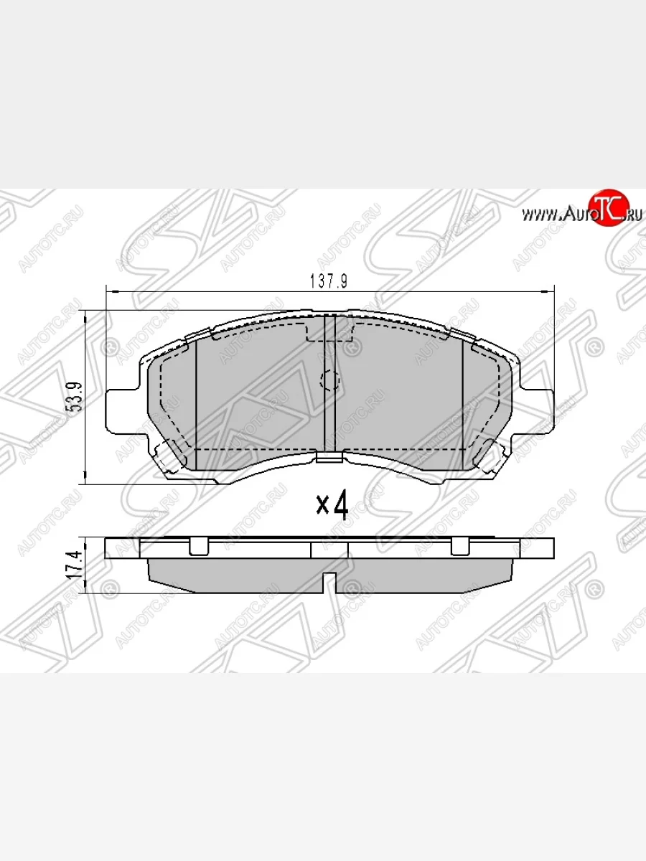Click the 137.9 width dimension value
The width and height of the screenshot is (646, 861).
tap(329, 282)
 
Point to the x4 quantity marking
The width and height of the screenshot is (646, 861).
tap(332, 506)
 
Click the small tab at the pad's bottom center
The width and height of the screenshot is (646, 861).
tap(329, 458)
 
